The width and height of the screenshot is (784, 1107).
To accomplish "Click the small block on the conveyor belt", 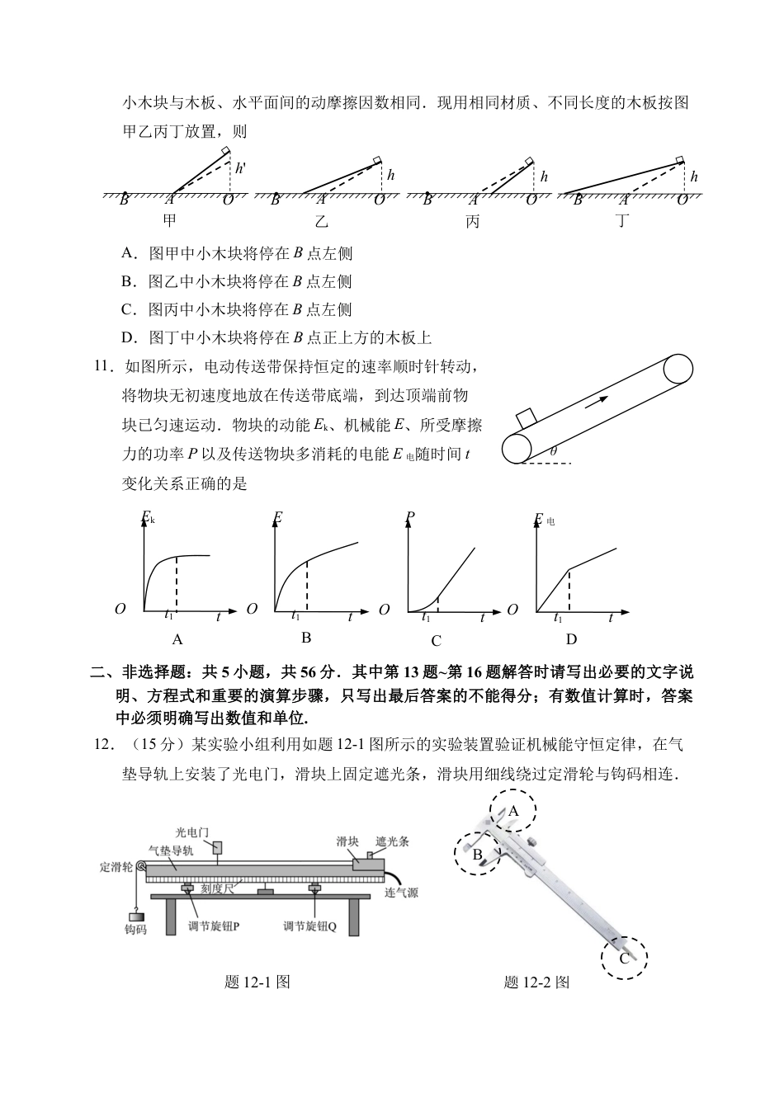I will [527, 418].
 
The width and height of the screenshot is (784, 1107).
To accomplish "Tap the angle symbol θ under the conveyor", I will [553, 451].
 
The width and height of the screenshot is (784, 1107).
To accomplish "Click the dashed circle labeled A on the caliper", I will [512, 811].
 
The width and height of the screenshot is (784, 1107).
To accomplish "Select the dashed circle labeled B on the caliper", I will [478, 854].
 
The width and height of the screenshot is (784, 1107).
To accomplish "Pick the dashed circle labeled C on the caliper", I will [624, 958].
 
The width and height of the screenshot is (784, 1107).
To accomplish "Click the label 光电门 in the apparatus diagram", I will [193, 835].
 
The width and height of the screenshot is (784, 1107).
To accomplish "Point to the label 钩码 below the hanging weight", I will [135, 930].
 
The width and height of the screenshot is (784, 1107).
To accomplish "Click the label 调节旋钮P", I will [214, 926].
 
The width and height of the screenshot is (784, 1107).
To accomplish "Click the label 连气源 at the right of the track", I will [402, 893].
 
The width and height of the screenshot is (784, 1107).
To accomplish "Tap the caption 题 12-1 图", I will [257, 982].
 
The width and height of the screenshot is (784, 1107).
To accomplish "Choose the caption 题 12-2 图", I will [536, 982].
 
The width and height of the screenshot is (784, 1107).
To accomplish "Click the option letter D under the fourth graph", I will [571, 639].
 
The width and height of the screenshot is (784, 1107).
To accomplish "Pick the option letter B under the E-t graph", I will [306, 638].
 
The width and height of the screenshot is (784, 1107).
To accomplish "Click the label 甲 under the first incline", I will [169, 221].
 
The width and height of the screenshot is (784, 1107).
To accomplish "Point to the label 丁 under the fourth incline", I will [622, 221].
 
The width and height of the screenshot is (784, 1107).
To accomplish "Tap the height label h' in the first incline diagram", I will [240, 168].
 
